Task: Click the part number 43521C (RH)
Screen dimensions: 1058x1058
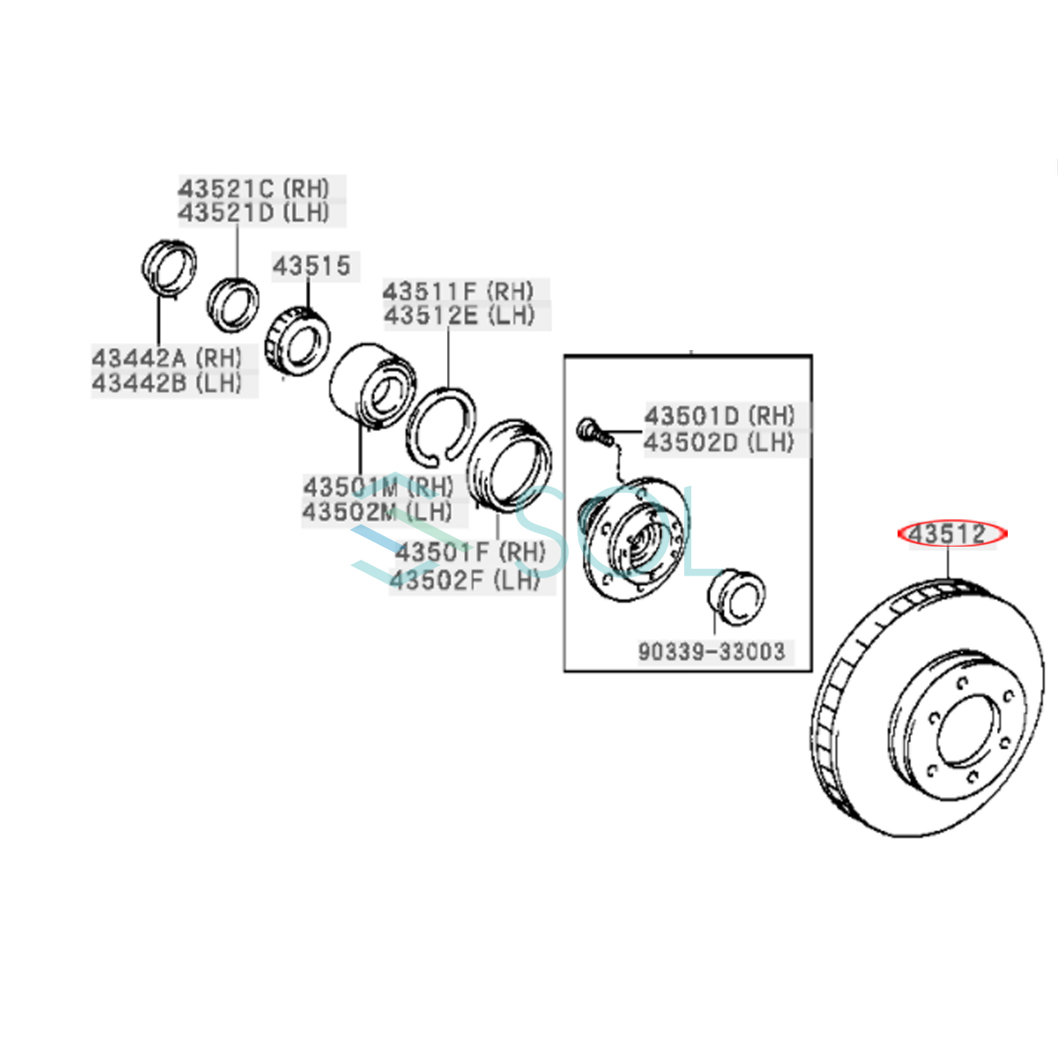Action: pyautogui.click(x=254, y=188)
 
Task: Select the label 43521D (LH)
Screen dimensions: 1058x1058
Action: pyautogui.click(x=254, y=212)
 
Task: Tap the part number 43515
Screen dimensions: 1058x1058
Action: pyautogui.click(x=311, y=265)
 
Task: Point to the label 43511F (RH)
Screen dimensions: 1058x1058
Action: pyautogui.click(x=458, y=291)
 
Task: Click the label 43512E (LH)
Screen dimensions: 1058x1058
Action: pyautogui.click(x=458, y=315)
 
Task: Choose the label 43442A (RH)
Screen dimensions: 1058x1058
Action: pyautogui.click(x=167, y=358)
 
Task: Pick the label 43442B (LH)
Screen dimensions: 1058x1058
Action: pyautogui.click(x=167, y=383)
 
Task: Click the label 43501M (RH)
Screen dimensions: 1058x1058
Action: pyautogui.click(x=378, y=487)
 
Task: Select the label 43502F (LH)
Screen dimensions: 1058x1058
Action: pyautogui.click(x=465, y=579)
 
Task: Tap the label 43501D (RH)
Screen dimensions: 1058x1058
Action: pyautogui.click(x=719, y=415)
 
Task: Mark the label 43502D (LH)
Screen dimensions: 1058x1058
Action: pyautogui.click(x=719, y=441)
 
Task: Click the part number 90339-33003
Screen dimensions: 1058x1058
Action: pyautogui.click(x=712, y=651)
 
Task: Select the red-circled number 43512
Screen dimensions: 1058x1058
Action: pyautogui.click(x=948, y=534)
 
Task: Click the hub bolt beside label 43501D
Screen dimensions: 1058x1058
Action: pyautogui.click(x=591, y=431)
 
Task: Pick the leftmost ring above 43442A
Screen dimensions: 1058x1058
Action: pyautogui.click(x=169, y=264)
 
